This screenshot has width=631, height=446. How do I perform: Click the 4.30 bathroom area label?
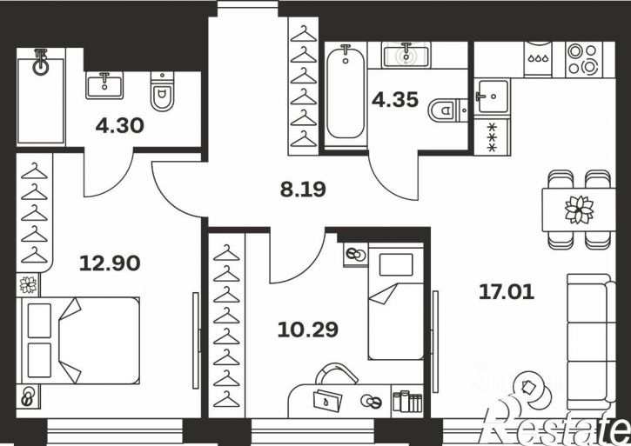(x=119, y=126)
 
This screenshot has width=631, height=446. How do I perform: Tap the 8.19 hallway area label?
(x=303, y=190)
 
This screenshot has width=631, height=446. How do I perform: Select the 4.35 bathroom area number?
(x=395, y=100)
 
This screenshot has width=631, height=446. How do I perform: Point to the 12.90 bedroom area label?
(x=110, y=263)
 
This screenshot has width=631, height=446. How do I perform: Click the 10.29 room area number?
(x=308, y=330)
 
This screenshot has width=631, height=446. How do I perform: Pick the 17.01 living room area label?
(x=507, y=292)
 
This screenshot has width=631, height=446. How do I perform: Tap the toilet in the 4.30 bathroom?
(x=162, y=91)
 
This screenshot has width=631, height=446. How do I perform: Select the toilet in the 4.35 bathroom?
(x=447, y=110)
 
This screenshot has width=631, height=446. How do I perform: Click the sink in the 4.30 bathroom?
(x=104, y=85)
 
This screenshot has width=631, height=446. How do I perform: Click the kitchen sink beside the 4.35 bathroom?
(x=492, y=97)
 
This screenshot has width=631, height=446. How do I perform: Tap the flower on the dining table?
(x=579, y=210)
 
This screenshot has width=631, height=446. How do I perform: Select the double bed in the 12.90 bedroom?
(x=78, y=340)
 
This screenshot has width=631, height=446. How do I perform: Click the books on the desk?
(x=407, y=401)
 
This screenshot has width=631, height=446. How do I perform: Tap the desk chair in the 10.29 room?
(x=336, y=373)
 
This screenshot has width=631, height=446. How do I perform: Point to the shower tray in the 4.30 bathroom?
(x=41, y=97)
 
